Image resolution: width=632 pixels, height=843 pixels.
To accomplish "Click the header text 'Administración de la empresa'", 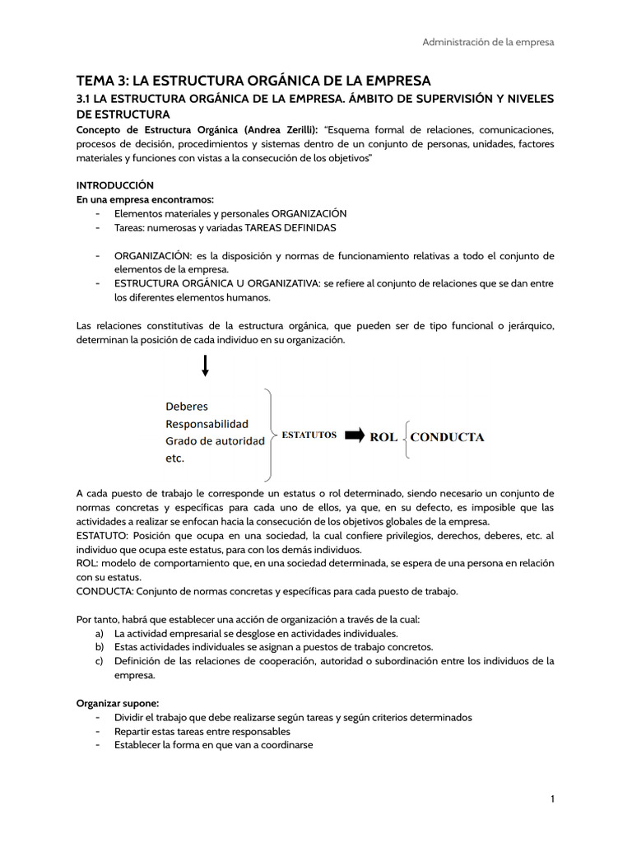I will pyautogui.click(x=488, y=42).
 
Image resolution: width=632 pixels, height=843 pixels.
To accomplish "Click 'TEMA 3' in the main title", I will pyautogui.click(x=101, y=81).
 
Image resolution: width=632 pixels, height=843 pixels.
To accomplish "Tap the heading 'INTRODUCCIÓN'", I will pyautogui.click(x=114, y=185).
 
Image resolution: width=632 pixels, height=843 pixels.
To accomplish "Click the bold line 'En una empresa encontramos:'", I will pyautogui.click(x=145, y=199).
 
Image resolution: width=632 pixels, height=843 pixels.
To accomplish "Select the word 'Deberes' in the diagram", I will pyautogui.click(x=187, y=406).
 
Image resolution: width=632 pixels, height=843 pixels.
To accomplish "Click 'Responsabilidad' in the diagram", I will pyautogui.click(x=207, y=423).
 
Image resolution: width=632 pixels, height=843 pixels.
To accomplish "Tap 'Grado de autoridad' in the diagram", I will pyautogui.click(x=215, y=440).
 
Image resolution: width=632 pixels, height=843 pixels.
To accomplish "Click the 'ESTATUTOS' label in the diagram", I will pyautogui.click(x=309, y=435).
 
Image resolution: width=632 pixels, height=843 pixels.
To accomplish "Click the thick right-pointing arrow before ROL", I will pyautogui.click(x=354, y=435).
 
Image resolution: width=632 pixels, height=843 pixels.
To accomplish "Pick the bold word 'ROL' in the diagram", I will pyautogui.click(x=383, y=437).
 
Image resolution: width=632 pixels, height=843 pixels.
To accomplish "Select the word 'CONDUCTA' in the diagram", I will pyautogui.click(x=447, y=437).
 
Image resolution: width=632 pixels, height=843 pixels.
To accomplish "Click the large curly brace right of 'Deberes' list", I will pyautogui.click(x=270, y=434).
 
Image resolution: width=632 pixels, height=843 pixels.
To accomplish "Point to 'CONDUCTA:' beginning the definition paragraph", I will pyautogui.click(x=105, y=591).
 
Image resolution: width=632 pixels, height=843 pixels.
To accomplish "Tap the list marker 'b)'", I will pyautogui.click(x=100, y=647).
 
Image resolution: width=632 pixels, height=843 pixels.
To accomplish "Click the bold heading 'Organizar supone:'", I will pyautogui.click(x=118, y=703).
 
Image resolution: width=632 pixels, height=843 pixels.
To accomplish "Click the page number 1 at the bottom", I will pyautogui.click(x=553, y=799).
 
